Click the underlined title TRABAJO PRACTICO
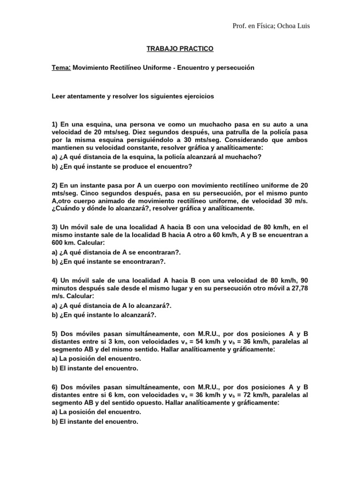(180, 48)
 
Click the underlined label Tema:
(61, 67)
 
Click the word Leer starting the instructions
(59, 96)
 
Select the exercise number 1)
(55, 124)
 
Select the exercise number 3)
(55, 227)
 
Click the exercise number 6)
(55, 387)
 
